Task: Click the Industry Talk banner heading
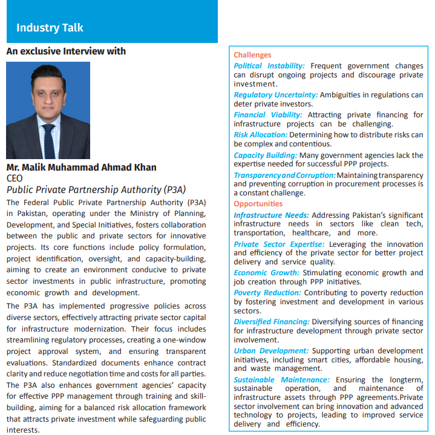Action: point(50,28)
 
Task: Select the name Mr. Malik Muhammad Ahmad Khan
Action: point(81,168)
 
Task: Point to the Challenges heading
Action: point(252,55)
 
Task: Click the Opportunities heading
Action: point(258,204)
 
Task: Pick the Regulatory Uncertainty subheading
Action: point(275,95)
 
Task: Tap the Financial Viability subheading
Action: point(268,114)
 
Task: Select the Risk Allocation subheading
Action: point(261,134)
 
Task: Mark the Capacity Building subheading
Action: point(265,155)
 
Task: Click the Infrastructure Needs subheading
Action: point(271,215)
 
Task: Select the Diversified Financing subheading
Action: point(272,322)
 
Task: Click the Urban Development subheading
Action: point(270,351)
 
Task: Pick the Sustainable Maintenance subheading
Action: point(281,380)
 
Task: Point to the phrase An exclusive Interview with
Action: point(66,51)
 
